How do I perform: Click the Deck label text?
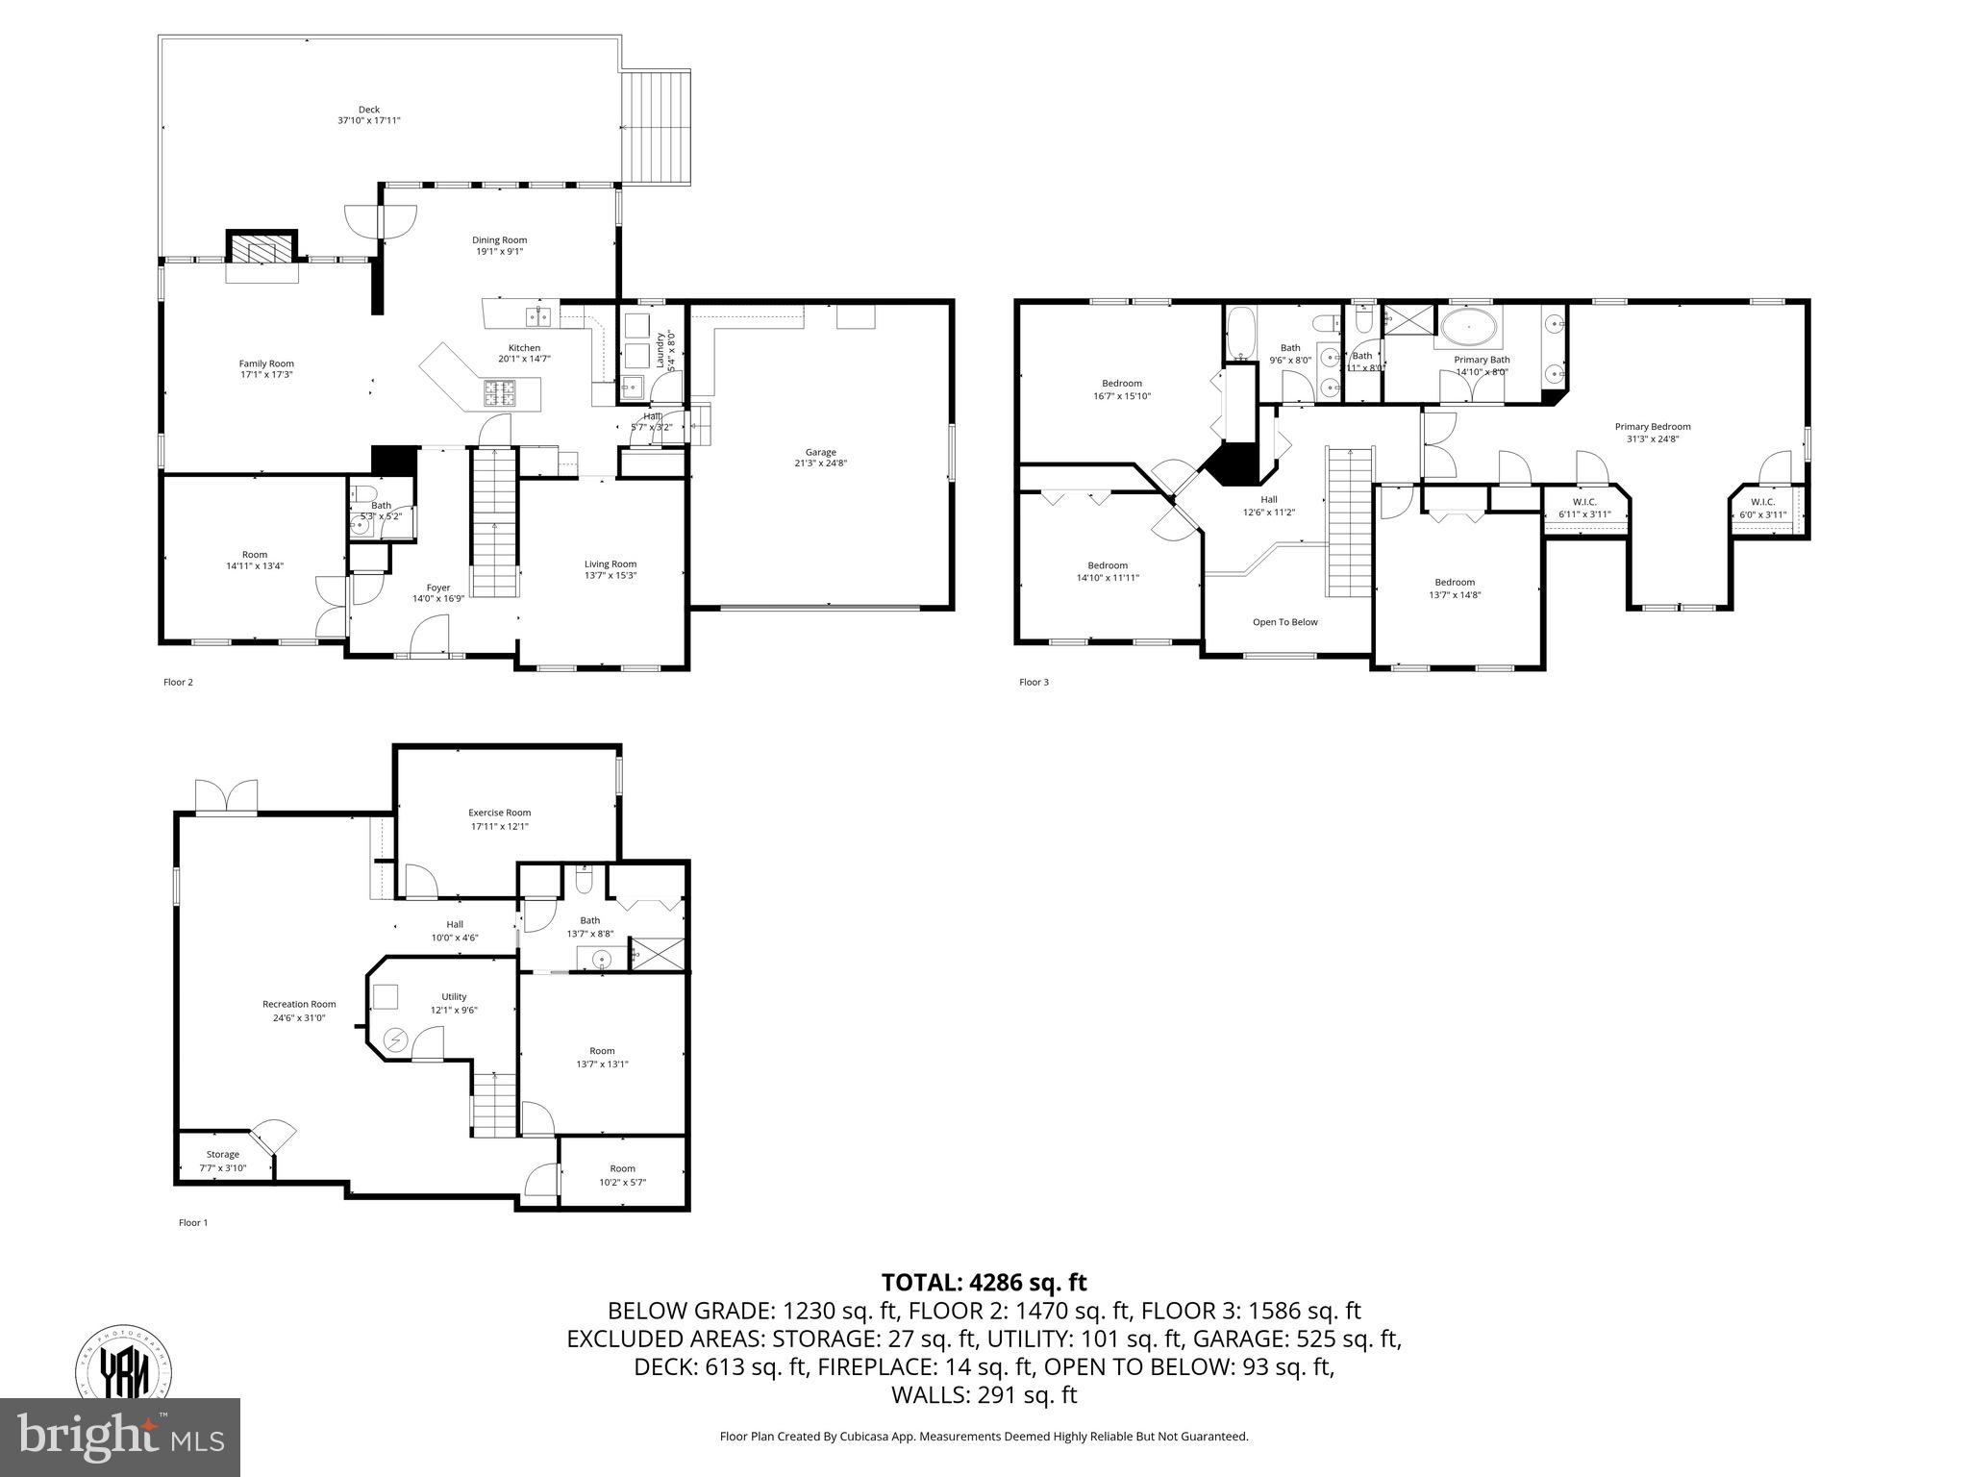coord(368,110)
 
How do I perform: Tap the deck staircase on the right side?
coord(657,127)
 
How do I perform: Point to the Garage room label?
coord(820,452)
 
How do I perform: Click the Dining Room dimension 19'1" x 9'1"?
coord(499,252)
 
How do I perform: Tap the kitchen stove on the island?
coord(498,391)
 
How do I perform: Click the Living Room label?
coord(611,564)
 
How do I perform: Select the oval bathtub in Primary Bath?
coord(1466,327)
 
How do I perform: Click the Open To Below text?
coord(1284,622)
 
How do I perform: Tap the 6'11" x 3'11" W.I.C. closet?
coord(1584,509)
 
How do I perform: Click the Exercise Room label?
coord(499,813)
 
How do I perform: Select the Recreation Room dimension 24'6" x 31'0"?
coord(299,1017)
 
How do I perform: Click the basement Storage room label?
coord(223,1155)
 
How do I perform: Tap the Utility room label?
coord(454,997)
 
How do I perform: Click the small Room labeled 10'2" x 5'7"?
coord(622,1175)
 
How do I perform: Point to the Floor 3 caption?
coord(1034,683)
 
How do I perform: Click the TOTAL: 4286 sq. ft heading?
coord(984,1282)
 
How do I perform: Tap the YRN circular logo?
coord(125,1369)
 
